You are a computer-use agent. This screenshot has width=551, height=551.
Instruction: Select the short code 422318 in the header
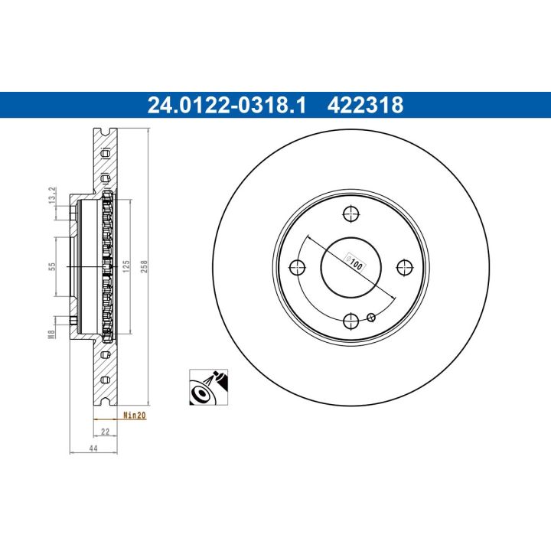[x=365, y=105]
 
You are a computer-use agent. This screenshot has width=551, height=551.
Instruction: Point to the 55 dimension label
[x=52, y=266]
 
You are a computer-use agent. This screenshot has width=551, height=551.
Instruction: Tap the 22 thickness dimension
[x=106, y=432]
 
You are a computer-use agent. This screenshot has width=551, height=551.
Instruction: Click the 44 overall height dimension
[x=94, y=450]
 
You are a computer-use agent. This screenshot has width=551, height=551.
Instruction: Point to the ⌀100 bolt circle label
[x=355, y=261]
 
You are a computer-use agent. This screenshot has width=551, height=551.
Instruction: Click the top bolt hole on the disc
[x=351, y=214]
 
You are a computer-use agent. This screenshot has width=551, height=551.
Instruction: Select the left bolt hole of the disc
[x=298, y=266]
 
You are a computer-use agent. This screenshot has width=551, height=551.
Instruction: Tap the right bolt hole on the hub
[x=404, y=266]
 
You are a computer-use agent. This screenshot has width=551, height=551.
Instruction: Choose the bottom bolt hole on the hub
[x=351, y=320]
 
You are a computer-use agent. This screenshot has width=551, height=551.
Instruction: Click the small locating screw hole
[x=372, y=317]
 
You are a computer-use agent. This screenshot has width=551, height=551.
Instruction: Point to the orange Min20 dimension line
[x=106, y=419]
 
